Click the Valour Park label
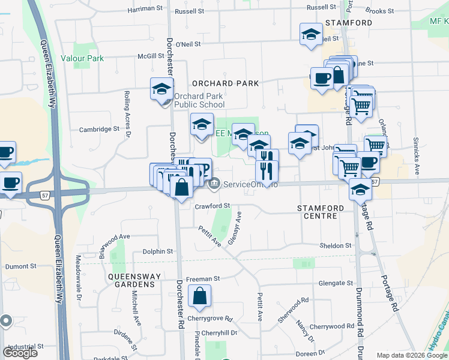coord(86,58)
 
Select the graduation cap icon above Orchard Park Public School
coord(161,90)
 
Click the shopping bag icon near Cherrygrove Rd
coord(199,296)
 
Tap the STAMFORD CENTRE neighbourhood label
coord(321,212)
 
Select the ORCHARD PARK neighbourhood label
coord(225,83)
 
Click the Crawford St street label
coord(212,206)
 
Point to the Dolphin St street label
coord(157,251)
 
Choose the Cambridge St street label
coord(100,129)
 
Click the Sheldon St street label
coord(335,245)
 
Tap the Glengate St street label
coord(336,283)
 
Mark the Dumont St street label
coord(21,266)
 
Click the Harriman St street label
coord(146,10)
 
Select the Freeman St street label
coord(203,278)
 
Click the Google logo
coord(20,353)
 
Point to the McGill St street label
coord(150,56)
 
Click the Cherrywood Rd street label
coord(332,326)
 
